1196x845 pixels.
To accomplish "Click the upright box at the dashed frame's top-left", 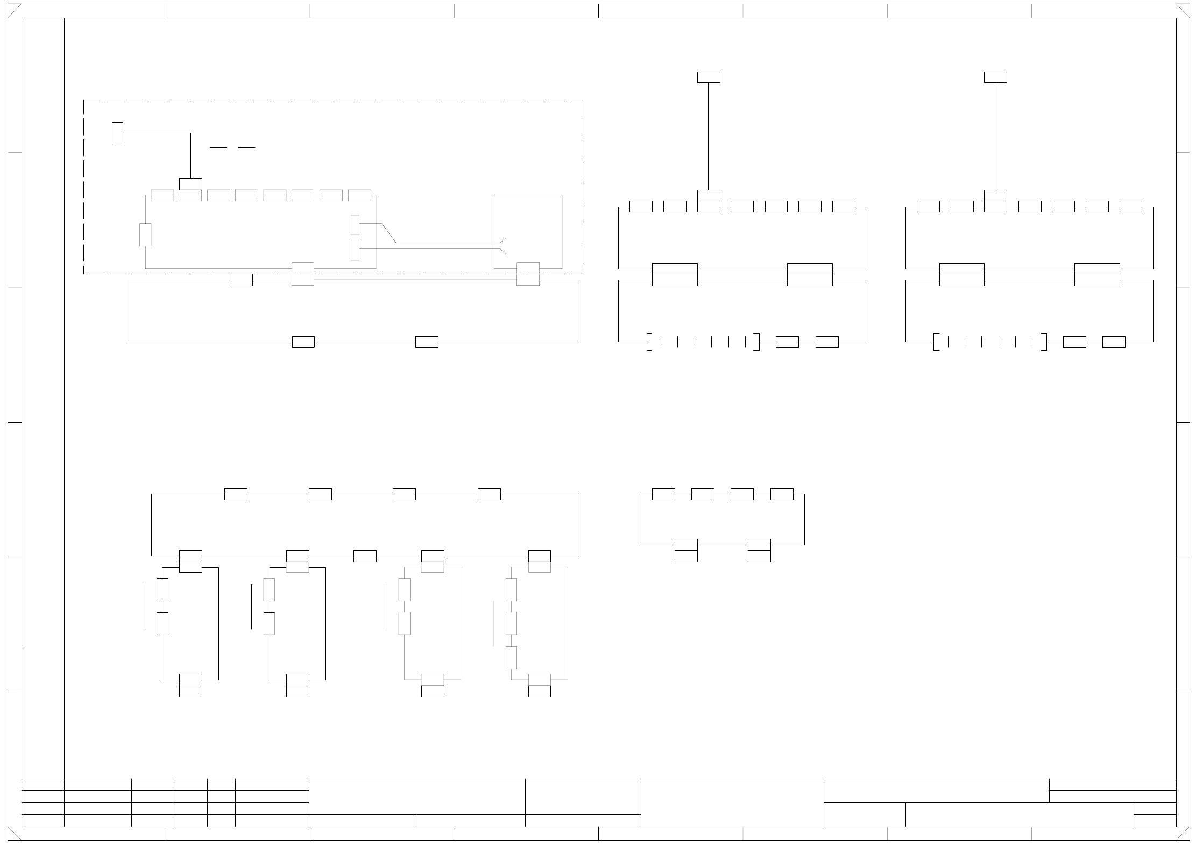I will click(117, 133).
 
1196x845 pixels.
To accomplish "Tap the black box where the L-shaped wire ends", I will click(190, 184).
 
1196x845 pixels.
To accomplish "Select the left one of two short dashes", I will click(218, 147).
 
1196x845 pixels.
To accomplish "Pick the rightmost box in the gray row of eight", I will click(359, 195).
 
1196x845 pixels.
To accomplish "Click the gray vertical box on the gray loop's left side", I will click(145, 235).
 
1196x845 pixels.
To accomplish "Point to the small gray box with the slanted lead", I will click(355, 224).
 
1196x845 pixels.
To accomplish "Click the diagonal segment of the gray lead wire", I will click(389, 233).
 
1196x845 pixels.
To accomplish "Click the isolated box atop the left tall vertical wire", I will click(709, 77).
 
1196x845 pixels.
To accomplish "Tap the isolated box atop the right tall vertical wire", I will click(995, 77).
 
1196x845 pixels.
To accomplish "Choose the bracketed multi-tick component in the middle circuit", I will click(703, 342).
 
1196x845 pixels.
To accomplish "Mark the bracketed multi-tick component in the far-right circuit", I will click(990, 342).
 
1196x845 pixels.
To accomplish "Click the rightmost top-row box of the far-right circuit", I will click(1130, 207).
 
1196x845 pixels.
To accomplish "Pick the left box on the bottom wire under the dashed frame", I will click(303, 342).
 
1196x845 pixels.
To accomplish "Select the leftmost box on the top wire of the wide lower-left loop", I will click(236, 494).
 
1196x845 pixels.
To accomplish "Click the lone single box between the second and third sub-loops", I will click(365, 556).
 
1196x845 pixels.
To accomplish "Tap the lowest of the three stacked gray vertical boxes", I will click(511, 657).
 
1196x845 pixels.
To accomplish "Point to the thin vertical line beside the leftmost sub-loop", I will click(144, 606).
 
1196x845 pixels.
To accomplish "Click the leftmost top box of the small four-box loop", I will click(663, 494).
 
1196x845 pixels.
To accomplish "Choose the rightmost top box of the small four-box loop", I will click(782, 494).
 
